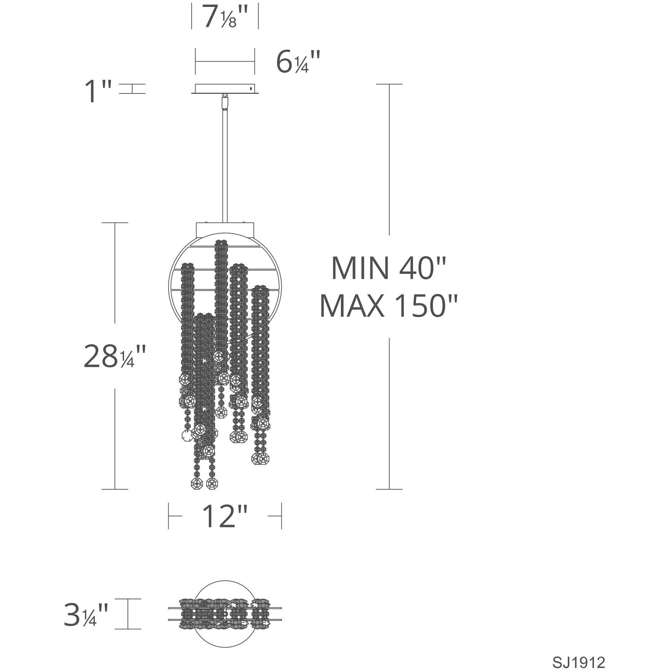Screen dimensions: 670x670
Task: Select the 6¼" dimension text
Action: coord(298,62)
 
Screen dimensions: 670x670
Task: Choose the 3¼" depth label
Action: coord(85,614)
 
